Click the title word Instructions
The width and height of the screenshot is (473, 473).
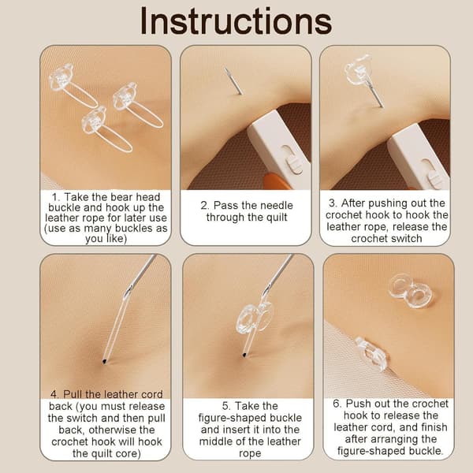(236, 21)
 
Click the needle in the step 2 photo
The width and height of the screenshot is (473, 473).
(233, 81)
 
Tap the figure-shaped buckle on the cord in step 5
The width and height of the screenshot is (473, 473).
(253, 318)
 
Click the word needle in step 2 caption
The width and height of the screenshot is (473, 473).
(273, 206)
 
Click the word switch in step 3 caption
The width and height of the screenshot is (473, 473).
(405, 239)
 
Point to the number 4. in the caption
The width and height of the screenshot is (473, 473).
(54, 394)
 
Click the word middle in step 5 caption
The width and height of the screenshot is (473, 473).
(216, 441)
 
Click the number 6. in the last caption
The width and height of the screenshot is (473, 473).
(337, 404)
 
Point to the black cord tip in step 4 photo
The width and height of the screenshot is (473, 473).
(104, 361)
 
